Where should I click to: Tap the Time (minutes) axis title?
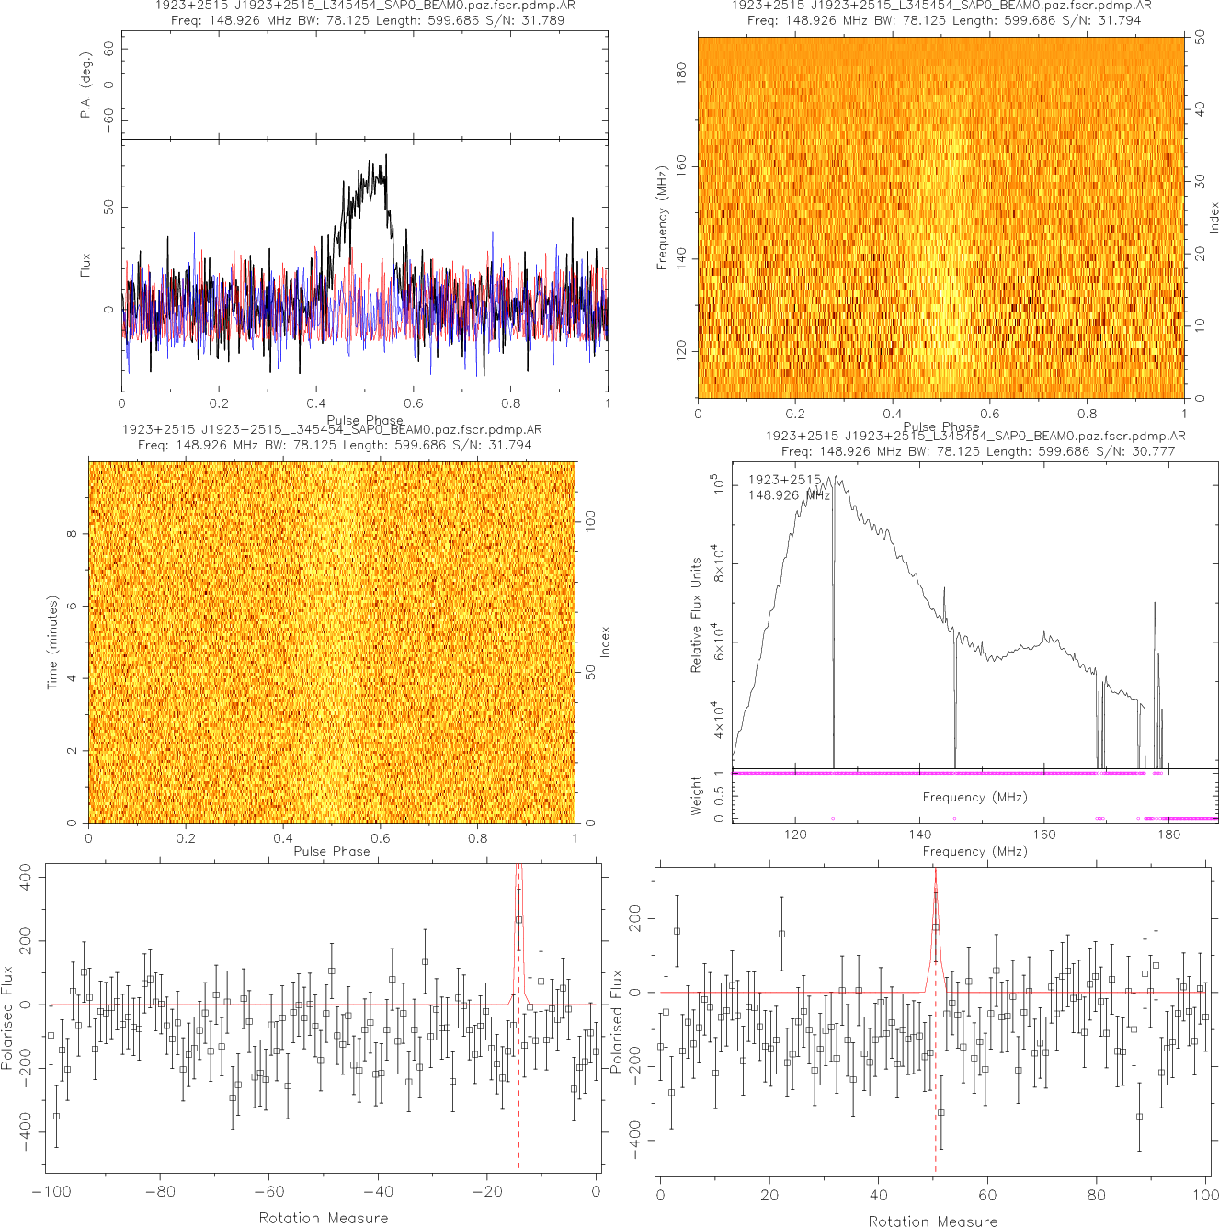point(52,642)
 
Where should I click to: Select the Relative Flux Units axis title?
point(696,615)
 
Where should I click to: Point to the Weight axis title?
point(696,796)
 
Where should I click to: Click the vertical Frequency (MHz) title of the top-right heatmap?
point(662,218)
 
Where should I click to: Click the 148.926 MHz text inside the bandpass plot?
point(789,495)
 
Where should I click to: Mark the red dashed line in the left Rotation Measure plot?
point(518,1057)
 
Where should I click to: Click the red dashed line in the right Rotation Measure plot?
point(935,1057)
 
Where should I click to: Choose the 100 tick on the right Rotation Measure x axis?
point(1205,1195)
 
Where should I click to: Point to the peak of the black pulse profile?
point(386,156)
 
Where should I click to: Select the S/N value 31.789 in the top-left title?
point(542,19)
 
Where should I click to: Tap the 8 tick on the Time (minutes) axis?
point(72,534)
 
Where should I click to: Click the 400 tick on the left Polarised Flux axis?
point(26,876)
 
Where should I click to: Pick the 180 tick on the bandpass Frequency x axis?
point(1168,835)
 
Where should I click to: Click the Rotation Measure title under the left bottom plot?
point(324,1218)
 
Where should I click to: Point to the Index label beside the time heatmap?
point(604,642)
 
